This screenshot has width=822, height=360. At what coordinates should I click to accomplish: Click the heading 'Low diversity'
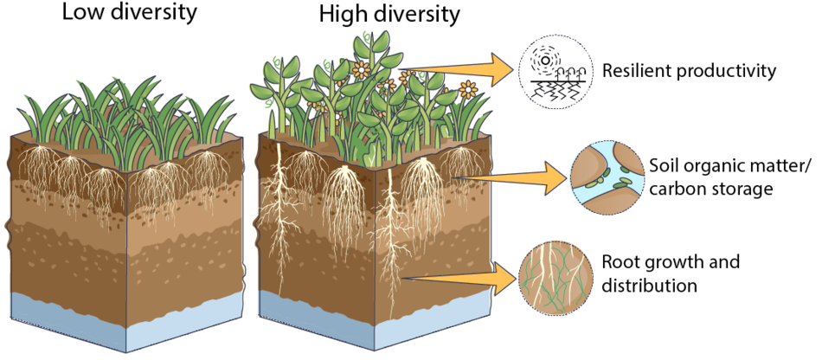click(x=129, y=13)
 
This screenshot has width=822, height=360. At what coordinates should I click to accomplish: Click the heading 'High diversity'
click(x=389, y=16)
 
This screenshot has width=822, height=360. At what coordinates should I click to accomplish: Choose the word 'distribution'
click(x=650, y=285)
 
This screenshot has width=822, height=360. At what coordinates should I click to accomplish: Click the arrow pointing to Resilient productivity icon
click(x=454, y=70)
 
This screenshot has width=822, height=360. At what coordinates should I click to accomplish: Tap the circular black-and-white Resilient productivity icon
click(x=555, y=73)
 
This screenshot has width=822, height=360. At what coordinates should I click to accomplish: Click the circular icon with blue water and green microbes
click(x=607, y=177)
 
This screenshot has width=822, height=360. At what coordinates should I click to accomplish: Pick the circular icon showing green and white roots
click(x=555, y=277)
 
